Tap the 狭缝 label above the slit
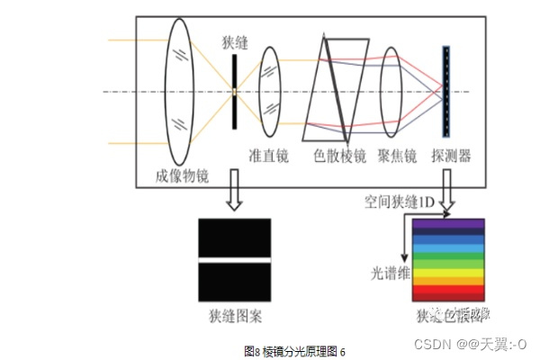[x=234, y=42]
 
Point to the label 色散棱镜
[x=339, y=157]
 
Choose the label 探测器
[x=452, y=157]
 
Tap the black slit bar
[x=234, y=90]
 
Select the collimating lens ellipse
[x=270, y=90]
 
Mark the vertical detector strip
[x=445, y=90]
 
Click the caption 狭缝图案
[x=235, y=317]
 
